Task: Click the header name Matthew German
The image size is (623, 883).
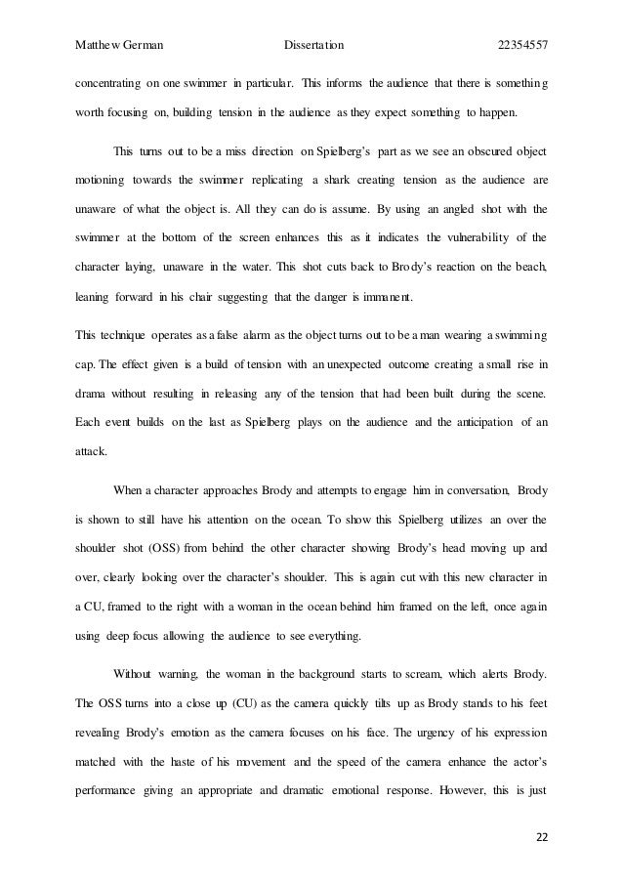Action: tap(119, 46)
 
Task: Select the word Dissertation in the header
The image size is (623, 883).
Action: tap(313, 46)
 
